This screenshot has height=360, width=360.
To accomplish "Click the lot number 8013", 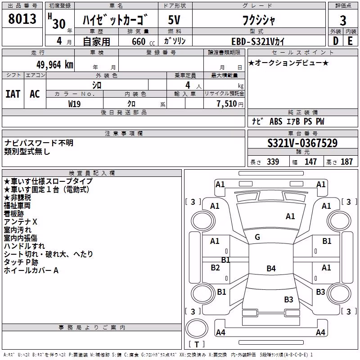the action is point(22,18).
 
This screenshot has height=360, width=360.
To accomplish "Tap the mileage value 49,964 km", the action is point(54,65).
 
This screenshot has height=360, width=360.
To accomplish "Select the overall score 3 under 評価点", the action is point(343,20).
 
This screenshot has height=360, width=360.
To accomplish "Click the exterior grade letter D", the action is point(335,41).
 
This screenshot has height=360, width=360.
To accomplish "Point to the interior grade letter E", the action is point(350,41).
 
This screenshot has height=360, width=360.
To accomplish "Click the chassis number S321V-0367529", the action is point(302,143).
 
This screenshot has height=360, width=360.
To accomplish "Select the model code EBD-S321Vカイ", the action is point(258,41).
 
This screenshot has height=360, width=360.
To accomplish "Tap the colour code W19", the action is point(74,104).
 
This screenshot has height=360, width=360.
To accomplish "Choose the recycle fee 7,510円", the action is point(230,104).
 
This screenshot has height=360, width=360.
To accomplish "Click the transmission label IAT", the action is point(13,94).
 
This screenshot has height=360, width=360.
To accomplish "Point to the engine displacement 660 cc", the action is point(143,41).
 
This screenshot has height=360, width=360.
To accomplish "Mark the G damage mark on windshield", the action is point(257,237).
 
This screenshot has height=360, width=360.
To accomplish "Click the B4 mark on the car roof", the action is point(271,268).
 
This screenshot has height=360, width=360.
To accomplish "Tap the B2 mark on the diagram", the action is point(215,268).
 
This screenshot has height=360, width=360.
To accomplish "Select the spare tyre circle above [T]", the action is point(197,328).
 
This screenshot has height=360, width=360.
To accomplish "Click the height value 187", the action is point(346,162).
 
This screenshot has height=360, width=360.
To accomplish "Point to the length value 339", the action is point(273,162).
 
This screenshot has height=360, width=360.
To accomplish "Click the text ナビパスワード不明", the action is point(39,143).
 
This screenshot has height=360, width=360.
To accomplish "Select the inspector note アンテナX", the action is point(20,222).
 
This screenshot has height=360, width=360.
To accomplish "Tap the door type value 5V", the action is point(174,20).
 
